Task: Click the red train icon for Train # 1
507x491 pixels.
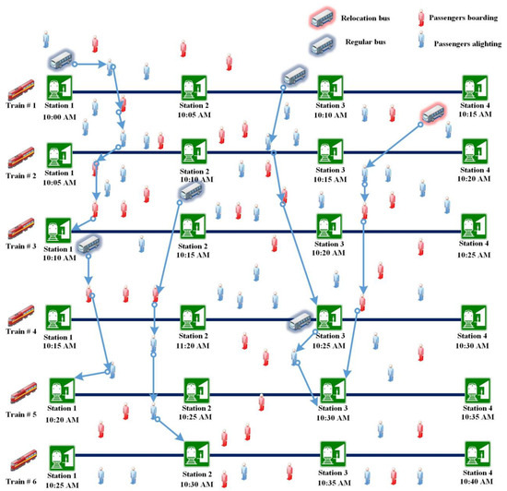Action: tap(18, 90)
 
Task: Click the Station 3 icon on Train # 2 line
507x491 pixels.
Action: tap(329, 151)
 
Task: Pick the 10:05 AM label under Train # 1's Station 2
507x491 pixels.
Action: tap(195, 116)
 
